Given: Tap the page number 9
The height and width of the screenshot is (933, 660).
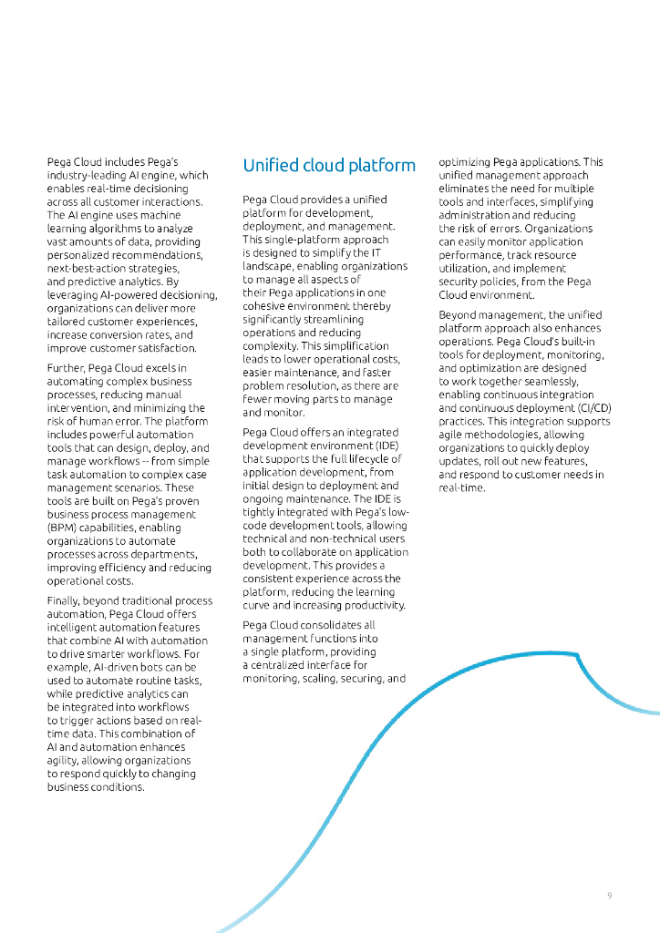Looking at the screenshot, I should click(610, 896).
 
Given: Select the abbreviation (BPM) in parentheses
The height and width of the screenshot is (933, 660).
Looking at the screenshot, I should click(62, 528).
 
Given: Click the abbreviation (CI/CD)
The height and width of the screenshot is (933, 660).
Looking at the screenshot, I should click(591, 408).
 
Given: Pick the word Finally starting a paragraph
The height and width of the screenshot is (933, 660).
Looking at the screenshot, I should click(65, 600).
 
